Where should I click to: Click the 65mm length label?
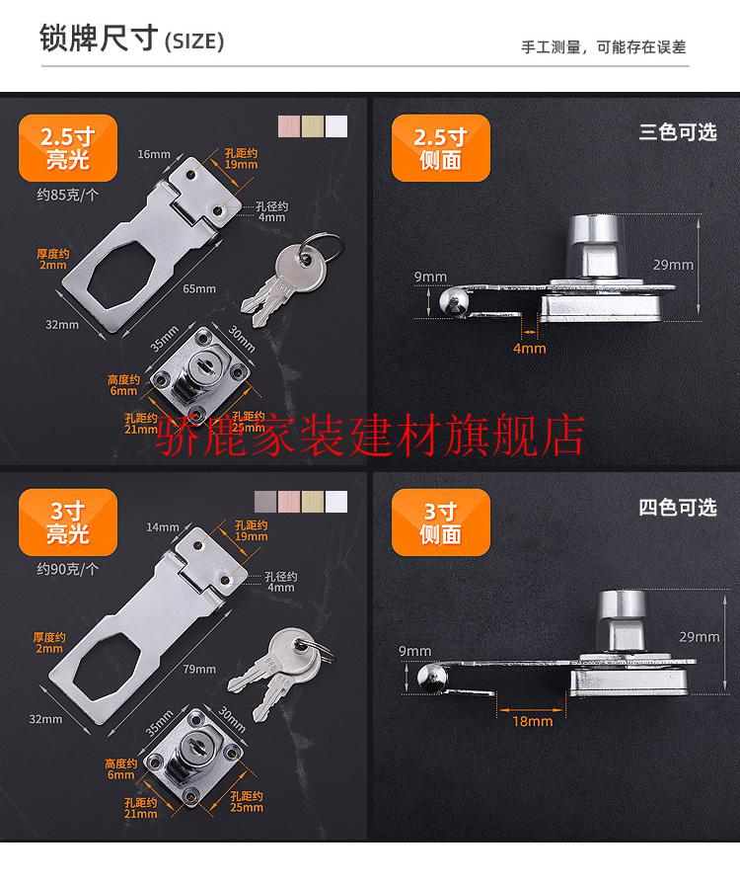[x=199, y=288]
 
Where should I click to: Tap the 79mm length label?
[x=199, y=669]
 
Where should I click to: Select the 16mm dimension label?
[x=154, y=153]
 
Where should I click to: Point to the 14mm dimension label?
[x=163, y=527]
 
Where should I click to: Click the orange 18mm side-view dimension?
[x=533, y=721]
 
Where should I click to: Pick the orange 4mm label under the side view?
[x=529, y=349]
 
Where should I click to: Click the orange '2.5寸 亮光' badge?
[x=68, y=148]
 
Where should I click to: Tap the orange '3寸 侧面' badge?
[x=440, y=522]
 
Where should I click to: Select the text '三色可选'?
[x=678, y=132]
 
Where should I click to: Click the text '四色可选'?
[x=678, y=508]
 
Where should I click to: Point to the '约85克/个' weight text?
[x=68, y=195]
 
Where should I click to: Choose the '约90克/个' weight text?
[x=68, y=569]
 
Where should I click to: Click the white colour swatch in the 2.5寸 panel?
[x=336, y=126]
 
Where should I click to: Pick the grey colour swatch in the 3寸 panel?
[x=265, y=502]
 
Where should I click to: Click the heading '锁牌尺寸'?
[x=99, y=39]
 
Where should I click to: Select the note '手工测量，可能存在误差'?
[x=604, y=47]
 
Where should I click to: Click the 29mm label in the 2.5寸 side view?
[x=673, y=265]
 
